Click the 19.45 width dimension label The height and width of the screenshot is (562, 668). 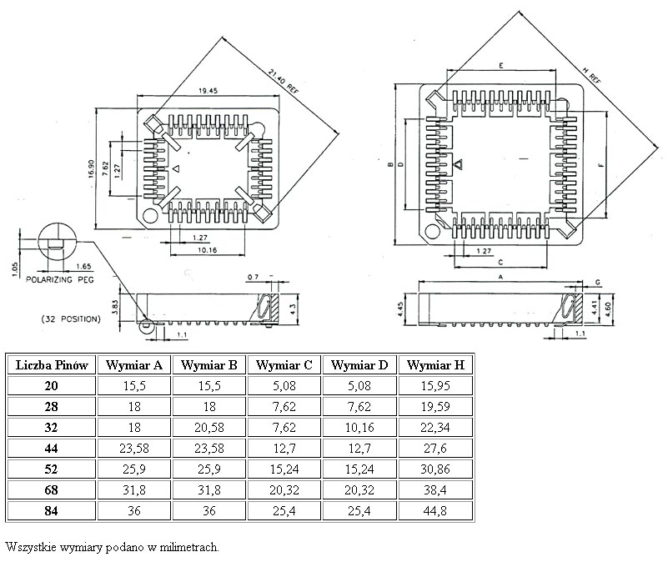197,91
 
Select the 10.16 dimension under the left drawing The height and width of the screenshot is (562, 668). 208,250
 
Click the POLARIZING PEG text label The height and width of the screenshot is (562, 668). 59,280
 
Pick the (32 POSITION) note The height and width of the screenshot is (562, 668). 70,319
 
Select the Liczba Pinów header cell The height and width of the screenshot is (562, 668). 52,364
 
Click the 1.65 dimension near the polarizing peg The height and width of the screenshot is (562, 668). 83,266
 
